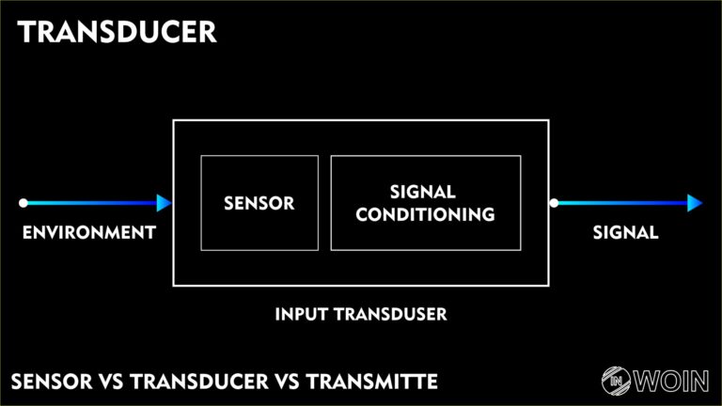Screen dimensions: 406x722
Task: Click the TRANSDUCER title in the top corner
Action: coord(118,32)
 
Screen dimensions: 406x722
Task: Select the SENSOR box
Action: coord(259,203)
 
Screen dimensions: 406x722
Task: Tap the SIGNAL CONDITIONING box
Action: coord(426,203)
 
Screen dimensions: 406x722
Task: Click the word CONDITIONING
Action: coord(426,214)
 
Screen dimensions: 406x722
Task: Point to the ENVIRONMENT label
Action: coord(88,232)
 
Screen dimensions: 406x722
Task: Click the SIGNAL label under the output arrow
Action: coord(626,232)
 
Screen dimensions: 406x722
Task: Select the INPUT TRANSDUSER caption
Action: coord(361,314)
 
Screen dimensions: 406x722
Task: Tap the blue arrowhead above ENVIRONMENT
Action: coord(165,203)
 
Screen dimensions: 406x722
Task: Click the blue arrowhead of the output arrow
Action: coord(695,203)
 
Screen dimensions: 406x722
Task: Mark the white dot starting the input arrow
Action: coord(24,203)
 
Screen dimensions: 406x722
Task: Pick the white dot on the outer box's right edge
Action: coord(554,203)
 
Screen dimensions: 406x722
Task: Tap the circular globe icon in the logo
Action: coord(617,381)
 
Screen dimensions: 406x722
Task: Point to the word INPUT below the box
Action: coord(300,314)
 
